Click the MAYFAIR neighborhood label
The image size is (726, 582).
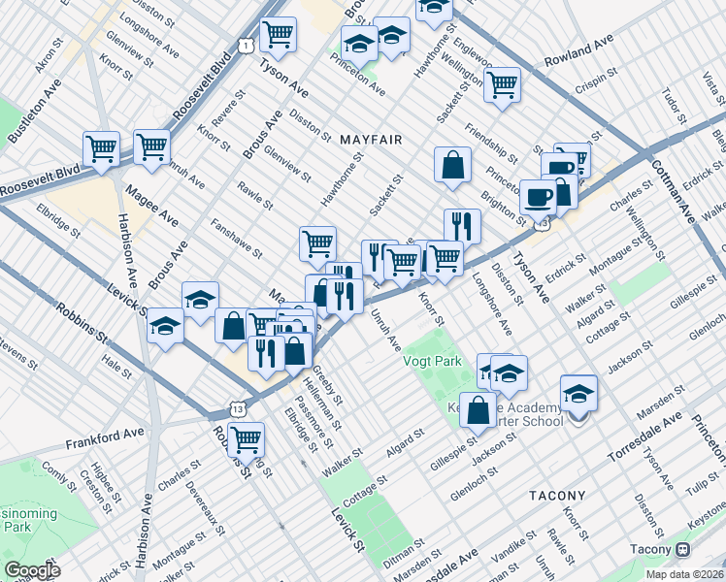pos(371,141)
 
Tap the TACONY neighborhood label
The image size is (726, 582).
pos(557,496)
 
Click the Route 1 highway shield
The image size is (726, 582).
pos(247,47)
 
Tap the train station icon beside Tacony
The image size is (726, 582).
pos(683,549)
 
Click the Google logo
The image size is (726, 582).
pos(32,570)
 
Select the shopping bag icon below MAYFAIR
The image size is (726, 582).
pos(452,166)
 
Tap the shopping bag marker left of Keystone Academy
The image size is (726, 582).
pos(478,409)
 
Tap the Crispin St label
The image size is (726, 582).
pos(595,75)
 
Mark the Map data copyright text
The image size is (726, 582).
pos(685,574)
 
